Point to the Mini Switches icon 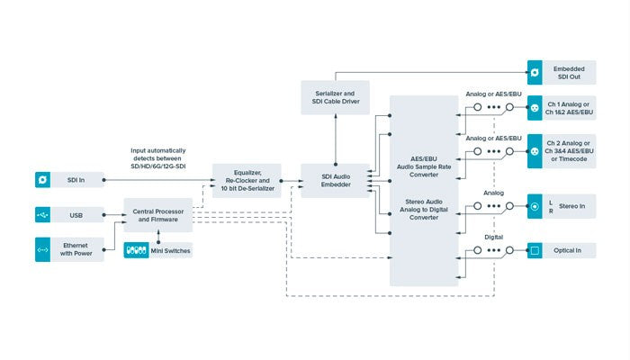pos(136,250)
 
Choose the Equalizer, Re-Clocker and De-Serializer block pos(246,181)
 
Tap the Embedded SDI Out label pos(569,72)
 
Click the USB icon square pos(43,215)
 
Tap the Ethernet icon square pos(43,249)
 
